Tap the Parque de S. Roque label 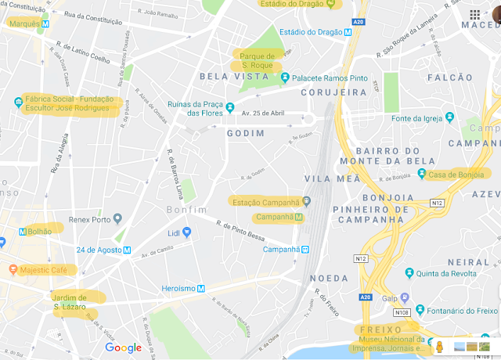coord(257,60)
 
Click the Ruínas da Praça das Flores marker coord(230,106)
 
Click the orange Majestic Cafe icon coord(13,270)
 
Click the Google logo coord(123,347)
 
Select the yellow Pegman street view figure coord(440,347)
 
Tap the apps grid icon coord(474,15)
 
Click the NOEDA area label coord(329,278)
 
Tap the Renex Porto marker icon coord(116,218)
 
